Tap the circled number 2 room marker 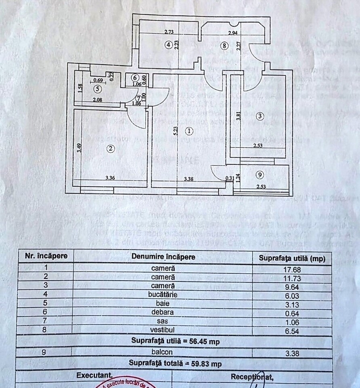(111, 149)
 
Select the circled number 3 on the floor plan (259, 116)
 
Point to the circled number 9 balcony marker (259, 175)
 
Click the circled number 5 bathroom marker (97, 89)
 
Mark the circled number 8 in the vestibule (224, 45)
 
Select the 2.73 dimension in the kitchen (169, 32)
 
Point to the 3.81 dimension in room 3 (238, 116)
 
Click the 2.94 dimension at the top (233, 33)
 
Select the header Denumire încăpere (163, 257)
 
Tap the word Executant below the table (95, 376)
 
